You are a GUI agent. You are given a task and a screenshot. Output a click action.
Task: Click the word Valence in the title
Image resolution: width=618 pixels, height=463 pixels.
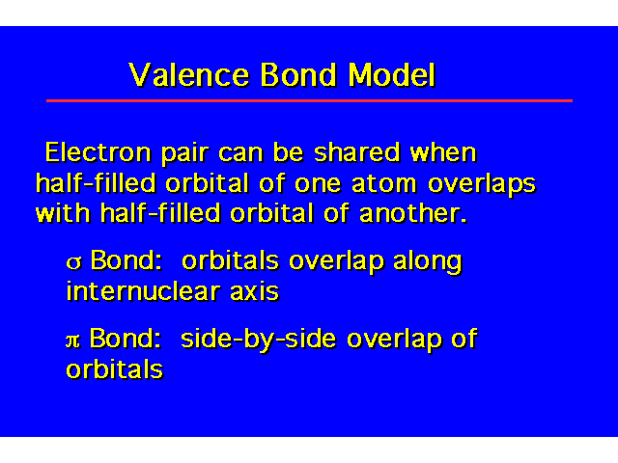189,75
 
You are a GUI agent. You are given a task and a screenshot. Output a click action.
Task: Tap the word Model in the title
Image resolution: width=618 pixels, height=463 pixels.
392,75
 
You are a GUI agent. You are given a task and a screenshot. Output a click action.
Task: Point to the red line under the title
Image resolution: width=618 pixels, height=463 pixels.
309,100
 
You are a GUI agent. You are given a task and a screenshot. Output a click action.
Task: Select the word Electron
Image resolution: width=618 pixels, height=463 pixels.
98,152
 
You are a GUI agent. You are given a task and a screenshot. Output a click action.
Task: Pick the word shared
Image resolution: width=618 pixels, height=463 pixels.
357,152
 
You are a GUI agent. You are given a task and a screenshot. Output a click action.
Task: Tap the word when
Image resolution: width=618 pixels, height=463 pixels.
443,152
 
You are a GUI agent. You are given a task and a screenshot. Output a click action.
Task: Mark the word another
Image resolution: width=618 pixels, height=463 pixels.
413,213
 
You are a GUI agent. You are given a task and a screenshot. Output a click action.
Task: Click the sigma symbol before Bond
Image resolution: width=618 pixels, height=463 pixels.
74,262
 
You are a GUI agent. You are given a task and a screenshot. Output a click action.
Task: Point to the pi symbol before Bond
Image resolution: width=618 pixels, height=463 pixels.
73,340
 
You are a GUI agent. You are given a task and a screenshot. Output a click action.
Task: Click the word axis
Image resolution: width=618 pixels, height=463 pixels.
255,291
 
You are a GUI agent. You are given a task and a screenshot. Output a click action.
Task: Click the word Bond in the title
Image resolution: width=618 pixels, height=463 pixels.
298,75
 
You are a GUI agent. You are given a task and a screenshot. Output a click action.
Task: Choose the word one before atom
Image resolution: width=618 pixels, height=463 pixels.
318,184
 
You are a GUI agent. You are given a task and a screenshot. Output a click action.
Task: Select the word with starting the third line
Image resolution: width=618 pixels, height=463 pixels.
63,213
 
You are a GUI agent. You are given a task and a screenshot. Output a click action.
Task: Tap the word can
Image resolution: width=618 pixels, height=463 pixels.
240,153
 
